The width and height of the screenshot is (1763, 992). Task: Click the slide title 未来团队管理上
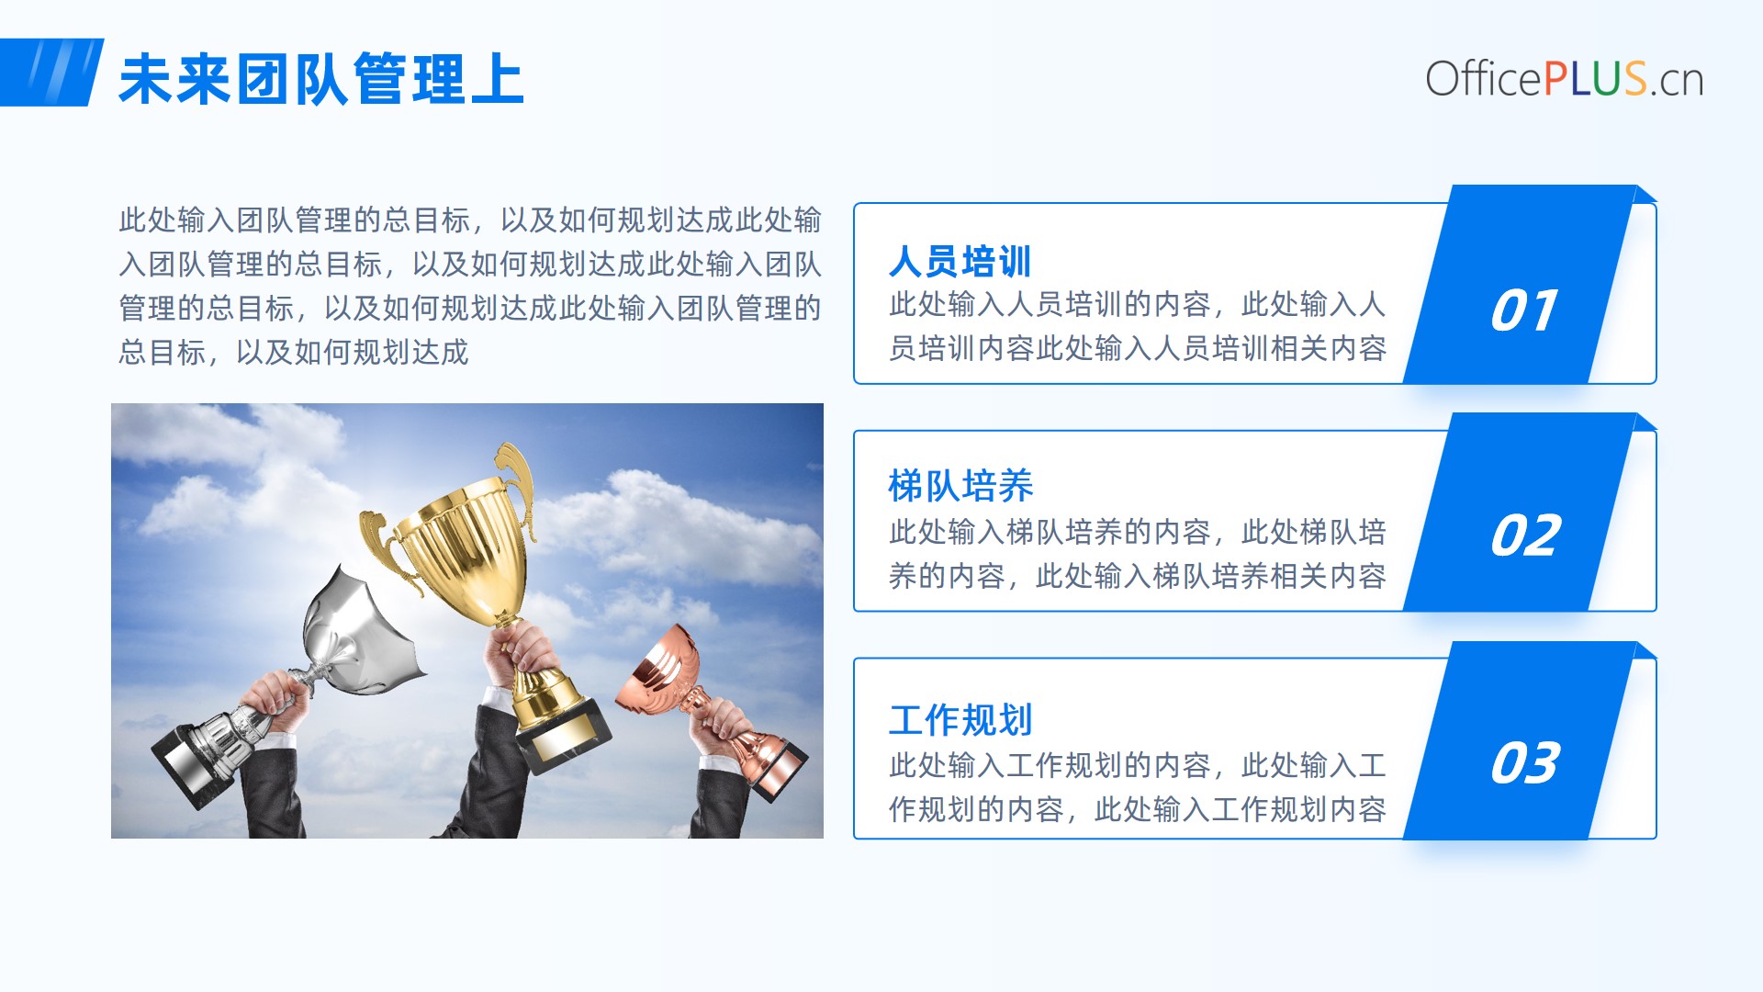(321, 79)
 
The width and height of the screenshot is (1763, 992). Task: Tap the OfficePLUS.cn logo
(1564, 79)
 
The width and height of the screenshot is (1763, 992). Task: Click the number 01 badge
(1524, 310)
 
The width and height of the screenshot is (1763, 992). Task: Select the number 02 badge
(1525, 535)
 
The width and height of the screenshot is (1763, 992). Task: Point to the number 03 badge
(1525, 763)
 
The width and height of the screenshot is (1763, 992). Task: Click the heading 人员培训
(960, 261)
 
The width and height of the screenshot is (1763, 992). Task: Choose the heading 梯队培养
(960, 486)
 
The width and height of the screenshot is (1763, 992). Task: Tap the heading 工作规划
(960, 720)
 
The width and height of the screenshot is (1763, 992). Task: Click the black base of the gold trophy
(563, 735)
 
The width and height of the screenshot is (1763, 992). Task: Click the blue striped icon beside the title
(51, 73)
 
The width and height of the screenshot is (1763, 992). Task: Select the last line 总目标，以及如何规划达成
(294, 352)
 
